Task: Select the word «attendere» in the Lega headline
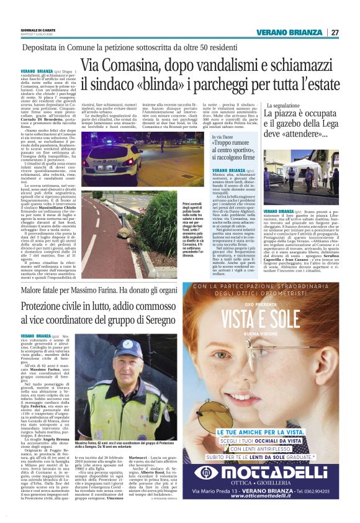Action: point(318,133)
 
